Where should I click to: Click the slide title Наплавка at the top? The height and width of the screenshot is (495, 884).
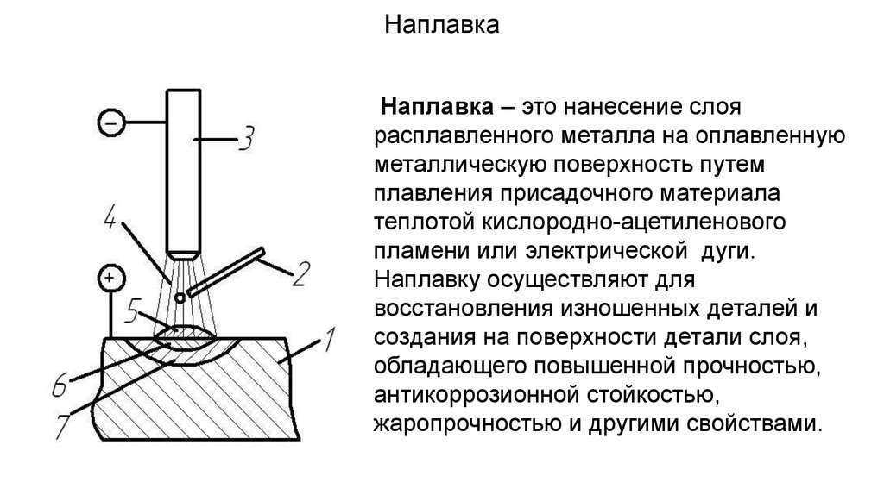(x=441, y=25)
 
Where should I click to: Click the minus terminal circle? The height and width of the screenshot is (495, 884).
(x=111, y=122)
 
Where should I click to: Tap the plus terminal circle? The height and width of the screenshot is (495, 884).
(x=110, y=278)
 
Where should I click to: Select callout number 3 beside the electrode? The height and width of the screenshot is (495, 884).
(x=246, y=139)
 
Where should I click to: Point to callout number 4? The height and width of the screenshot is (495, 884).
(x=110, y=217)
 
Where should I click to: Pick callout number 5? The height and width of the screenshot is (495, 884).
(x=132, y=310)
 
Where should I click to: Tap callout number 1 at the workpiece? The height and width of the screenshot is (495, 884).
(x=328, y=340)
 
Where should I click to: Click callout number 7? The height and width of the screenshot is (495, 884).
(x=61, y=426)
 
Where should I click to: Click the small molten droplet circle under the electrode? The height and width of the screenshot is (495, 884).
(x=180, y=298)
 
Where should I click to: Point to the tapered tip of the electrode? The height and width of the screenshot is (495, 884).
(x=183, y=255)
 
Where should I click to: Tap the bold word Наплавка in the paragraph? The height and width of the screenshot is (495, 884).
(x=438, y=106)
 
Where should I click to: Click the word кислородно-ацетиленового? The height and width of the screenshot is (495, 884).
(x=634, y=222)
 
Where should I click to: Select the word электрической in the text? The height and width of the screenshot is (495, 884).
(x=606, y=251)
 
